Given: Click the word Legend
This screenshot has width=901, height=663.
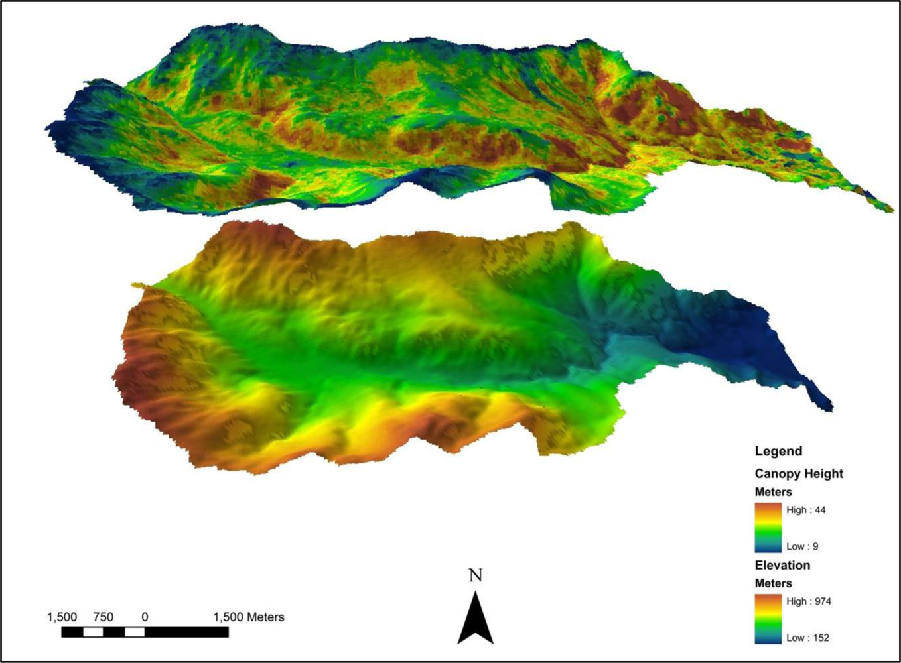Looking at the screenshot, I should (778, 452).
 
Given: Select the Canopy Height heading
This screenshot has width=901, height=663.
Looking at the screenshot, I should (799, 474).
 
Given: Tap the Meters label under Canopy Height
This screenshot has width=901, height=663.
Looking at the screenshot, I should (773, 492).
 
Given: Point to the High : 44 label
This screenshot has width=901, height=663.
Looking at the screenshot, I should (806, 510).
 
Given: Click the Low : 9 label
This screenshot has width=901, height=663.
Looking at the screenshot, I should (802, 546).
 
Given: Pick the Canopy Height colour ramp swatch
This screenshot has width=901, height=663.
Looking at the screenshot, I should (768, 528).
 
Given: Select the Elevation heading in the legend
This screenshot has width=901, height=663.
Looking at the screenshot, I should (782, 566).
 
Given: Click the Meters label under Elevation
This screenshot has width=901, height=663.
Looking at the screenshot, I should (773, 583).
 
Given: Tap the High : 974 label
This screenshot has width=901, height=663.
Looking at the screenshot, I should (809, 601).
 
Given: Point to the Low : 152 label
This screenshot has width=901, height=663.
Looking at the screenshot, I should (807, 638).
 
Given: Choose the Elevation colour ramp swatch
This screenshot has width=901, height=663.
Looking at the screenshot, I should (768, 619).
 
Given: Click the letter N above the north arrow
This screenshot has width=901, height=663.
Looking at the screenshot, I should (475, 575).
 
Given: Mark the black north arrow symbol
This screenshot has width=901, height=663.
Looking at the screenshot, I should (475, 620).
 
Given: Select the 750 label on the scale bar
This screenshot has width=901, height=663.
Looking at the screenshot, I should (103, 617).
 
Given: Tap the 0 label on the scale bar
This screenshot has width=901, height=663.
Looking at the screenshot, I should (145, 617).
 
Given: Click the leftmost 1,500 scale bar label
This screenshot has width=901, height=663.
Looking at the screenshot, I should (62, 617).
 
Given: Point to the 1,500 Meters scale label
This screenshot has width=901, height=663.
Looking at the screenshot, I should (248, 617).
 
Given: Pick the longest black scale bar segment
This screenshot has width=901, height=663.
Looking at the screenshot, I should (186, 632).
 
